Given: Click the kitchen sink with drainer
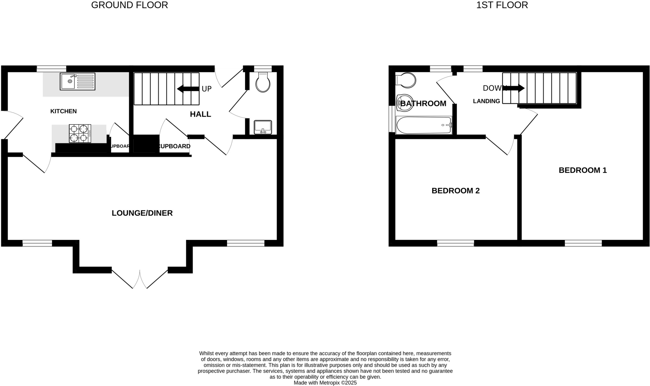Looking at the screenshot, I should click(x=77, y=81).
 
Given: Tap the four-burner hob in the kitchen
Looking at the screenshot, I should click(x=80, y=133).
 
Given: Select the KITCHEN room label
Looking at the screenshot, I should click(x=63, y=111).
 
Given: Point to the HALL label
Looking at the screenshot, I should click(x=200, y=114).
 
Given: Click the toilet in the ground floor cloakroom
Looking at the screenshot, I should click(x=263, y=82).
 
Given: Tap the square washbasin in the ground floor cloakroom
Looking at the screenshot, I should click(x=263, y=127).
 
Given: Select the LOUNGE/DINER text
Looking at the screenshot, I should click(x=142, y=213).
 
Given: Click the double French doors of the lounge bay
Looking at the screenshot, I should click(x=140, y=279).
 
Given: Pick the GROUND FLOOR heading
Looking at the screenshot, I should click(x=129, y=5).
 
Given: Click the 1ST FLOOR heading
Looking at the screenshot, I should click(x=502, y=5).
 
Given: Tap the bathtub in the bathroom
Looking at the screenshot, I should click(x=424, y=125).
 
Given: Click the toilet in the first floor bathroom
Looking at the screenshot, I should click(x=406, y=80).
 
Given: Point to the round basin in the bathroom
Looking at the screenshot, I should click(x=405, y=103).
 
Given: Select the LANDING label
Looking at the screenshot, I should click(x=486, y=101).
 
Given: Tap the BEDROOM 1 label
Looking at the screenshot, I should click(x=582, y=170).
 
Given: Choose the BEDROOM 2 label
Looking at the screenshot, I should click(x=455, y=191).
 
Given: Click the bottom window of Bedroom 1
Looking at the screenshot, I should click(x=583, y=243).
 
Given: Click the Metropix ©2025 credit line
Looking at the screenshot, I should click(x=325, y=383).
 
